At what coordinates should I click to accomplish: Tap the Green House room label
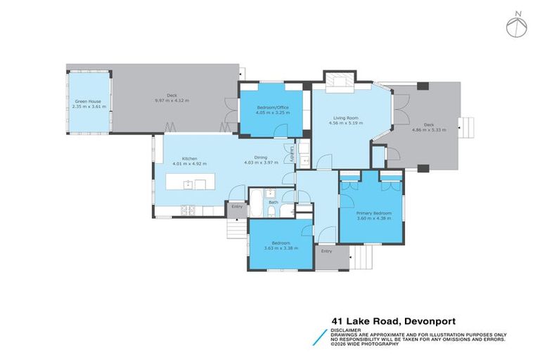pyautogui.click(x=88, y=101)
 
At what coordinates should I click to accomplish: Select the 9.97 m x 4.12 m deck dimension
pyautogui.click(x=172, y=101)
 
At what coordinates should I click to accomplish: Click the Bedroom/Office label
pyautogui.click(x=273, y=107)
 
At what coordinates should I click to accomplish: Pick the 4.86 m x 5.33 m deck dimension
pyautogui.click(x=429, y=130)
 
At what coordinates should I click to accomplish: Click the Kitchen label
pyautogui.click(x=189, y=158)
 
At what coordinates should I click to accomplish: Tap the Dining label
pyautogui.click(x=261, y=158)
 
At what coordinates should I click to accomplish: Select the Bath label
pyautogui.click(x=273, y=202)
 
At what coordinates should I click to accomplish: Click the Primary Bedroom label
pyautogui.click(x=373, y=212)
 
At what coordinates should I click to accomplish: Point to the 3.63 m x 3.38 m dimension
pyautogui.click(x=281, y=248)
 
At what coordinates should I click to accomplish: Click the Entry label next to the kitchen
pyautogui.click(x=236, y=207)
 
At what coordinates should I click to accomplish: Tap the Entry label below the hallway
pyautogui.click(x=326, y=250)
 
